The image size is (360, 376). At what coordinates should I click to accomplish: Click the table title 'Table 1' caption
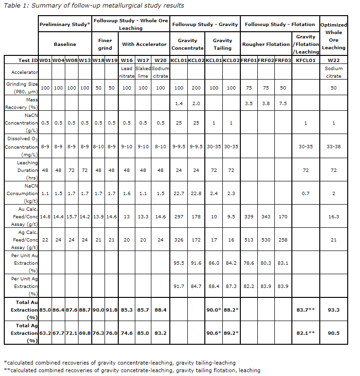point(94,6)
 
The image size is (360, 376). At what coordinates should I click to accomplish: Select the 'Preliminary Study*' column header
point(64,25)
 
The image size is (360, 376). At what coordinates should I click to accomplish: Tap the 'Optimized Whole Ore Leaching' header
point(334,36)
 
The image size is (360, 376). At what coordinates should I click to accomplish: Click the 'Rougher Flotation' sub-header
point(266,44)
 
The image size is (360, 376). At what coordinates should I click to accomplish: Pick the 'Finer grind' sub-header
point(105,44)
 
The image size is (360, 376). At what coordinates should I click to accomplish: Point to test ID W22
point(334,60)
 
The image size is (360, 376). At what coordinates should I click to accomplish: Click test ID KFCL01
point(306,60)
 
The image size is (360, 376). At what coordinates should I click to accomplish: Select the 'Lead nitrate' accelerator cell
point(127,72)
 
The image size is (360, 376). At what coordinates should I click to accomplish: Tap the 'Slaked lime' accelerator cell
point(143,72)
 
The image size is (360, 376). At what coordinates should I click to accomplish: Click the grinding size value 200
point(196,88)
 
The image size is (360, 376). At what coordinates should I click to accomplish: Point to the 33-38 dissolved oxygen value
point(334,146)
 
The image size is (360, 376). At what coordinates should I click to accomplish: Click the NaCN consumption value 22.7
point(179,193)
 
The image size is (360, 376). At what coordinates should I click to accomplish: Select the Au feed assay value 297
point(179,216)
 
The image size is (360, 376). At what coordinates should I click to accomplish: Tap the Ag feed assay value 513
point(249,240)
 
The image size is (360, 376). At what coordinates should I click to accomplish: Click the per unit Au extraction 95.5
point(179,263)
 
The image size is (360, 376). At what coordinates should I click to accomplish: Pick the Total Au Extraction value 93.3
point(334,309)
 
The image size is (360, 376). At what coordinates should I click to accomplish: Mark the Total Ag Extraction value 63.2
point(45,333)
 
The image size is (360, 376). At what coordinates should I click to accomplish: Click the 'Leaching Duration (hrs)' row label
point(21,170)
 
